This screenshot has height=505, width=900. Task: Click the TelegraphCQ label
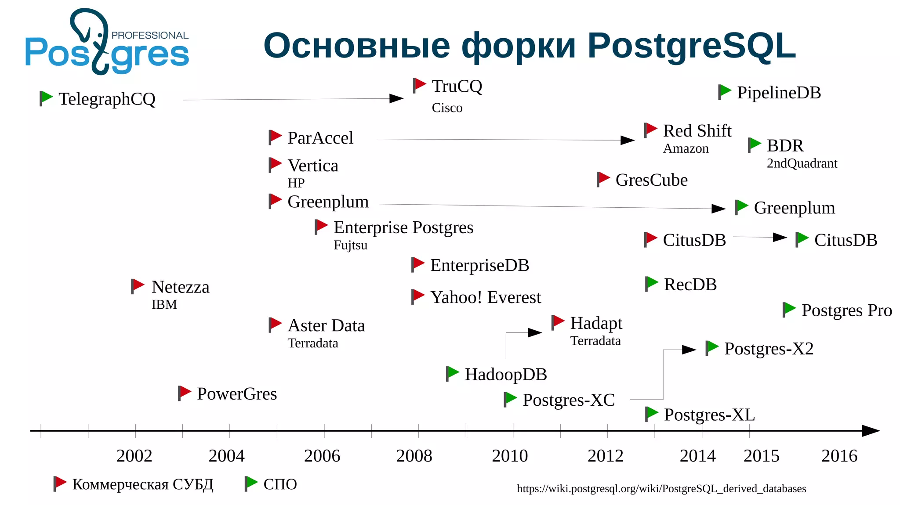coord(107,99)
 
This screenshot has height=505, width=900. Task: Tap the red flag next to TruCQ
coord(420,85)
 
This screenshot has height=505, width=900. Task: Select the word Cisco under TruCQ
coord(447,108)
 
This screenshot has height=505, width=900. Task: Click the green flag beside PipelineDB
coord(725,91)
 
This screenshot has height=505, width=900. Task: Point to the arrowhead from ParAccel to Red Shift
coord(628,140)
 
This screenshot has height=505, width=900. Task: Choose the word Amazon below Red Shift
coord(686,149)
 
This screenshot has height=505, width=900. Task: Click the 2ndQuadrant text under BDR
coord(802,163)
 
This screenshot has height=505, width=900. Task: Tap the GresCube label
coord(651,180)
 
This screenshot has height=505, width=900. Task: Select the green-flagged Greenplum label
coord(794,208)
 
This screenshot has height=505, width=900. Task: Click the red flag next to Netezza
coord(138,285)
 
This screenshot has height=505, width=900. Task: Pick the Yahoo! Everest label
coord(485,298)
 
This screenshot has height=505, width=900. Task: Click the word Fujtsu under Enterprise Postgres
coord(350,245)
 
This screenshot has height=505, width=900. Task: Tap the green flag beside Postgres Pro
coord(789,309)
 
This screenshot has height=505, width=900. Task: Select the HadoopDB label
coord(505,375)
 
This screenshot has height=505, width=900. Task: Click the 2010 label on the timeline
coord(510,456)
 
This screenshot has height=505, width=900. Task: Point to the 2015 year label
coord(761,456)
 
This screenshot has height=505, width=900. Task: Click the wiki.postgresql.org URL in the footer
coord(661,489)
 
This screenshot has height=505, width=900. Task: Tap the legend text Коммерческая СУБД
coord(143,484)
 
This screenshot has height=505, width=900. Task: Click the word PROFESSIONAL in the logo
coord(150,36)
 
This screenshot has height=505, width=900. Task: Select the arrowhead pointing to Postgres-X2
coord(689,350)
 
